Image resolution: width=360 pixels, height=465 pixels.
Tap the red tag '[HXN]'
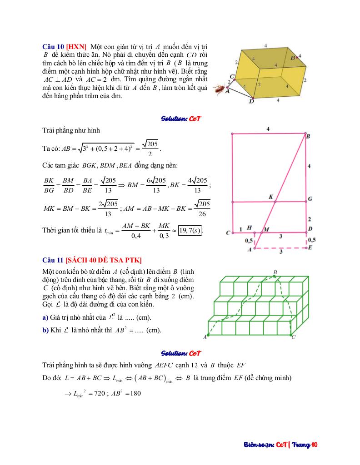pyautogui.click(x=76, y=46)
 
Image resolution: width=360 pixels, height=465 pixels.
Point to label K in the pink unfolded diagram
pyautogui.click(x=271, y=197)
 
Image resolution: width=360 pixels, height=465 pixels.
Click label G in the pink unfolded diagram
pyautogui.click(x=310, y=199)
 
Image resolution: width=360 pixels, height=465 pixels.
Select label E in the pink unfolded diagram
pyautogui.click(x=310, y=248)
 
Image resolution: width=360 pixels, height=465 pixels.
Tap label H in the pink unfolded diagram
pyautogui.click(x=249, y=228)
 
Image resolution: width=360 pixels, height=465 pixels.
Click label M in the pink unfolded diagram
pyautogui.click(x=266, y=229)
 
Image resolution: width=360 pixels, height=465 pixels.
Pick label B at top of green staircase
pyautogui.click(x=275, y=272)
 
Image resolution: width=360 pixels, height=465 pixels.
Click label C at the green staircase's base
pyautogui.click(x=293, y=337)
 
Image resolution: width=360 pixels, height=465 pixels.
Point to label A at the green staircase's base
pyautogui.click(x=205, y=337)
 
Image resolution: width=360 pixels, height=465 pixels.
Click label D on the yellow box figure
pyautogui.click(x=251, y=102)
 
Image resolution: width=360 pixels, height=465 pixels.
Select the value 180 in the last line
pyautogui.click(x=134, y=393)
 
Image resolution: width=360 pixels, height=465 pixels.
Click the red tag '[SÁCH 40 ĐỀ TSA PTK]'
pyautogui.click(x=104, y=260)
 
